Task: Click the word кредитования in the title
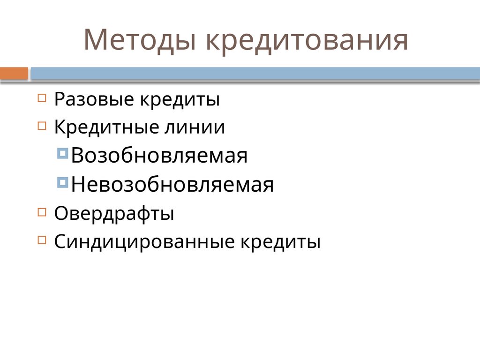click(307, 41)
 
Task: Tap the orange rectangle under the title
click(14, 74)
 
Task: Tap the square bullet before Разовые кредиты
click(42, 98)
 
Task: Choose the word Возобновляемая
click(160, 156)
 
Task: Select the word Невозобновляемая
click(172, 185)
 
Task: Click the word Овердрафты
click(114, 214)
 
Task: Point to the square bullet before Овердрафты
click(42, 212)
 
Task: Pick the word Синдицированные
click(145, 242)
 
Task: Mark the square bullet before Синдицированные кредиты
click(42, 240)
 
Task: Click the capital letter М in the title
click(96, 41)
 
